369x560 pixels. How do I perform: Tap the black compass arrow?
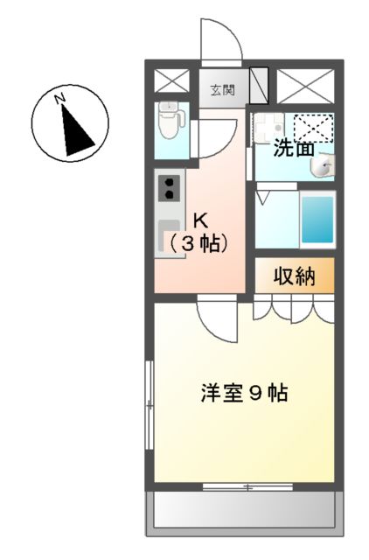pos(77,130)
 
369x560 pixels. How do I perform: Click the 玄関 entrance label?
pos(221,88)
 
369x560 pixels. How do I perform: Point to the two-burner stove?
pos(168,187)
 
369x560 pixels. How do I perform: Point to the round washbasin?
pos(324,167)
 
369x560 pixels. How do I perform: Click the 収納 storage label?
pos(295,277)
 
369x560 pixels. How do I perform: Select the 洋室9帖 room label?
pos(240,393)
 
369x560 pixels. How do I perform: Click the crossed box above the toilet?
pos(171,80)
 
